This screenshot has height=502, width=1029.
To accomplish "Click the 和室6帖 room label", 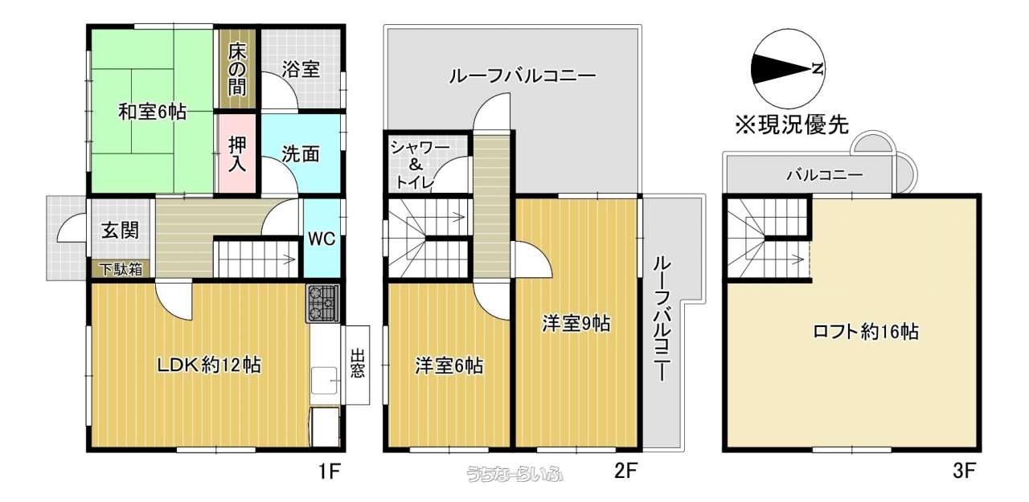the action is click(x=153, y=112).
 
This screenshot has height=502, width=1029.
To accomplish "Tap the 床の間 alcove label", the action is click(x=237, y=69).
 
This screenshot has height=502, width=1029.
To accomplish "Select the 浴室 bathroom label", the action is click(x=301, y=70).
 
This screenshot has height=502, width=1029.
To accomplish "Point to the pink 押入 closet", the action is click(x=236, y=153).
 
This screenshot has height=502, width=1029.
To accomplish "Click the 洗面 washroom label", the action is click(x=301, y=154).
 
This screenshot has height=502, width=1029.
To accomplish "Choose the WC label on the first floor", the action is click(x=322, y=239).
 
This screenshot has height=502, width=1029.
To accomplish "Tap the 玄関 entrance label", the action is click(x=120, y=230).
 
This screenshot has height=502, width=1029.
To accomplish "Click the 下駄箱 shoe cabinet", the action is click(x=121, y=269).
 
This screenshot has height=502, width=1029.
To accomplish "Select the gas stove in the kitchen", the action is click(x=323, y=303).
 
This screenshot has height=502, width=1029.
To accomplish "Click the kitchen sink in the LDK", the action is click(x=326, y=381).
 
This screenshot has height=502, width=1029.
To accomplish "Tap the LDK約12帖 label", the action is click(x=209, y=365).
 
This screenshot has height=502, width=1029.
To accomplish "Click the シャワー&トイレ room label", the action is click(x=419, y=165).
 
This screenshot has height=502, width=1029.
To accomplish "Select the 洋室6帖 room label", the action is click(x=449, y=366).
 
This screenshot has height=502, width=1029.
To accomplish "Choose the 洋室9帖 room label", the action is click(x=576, y=324).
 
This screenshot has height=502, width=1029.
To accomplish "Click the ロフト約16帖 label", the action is click(x=866, y=331).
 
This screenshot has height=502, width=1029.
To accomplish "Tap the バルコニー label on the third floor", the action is click(x=825, y=175).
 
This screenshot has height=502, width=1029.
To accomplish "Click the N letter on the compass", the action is click(x=818, y=69).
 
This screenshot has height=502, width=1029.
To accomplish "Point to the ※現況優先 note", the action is click(x=792, y=124).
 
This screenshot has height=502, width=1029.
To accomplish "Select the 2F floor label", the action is click(x=625, y=471).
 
